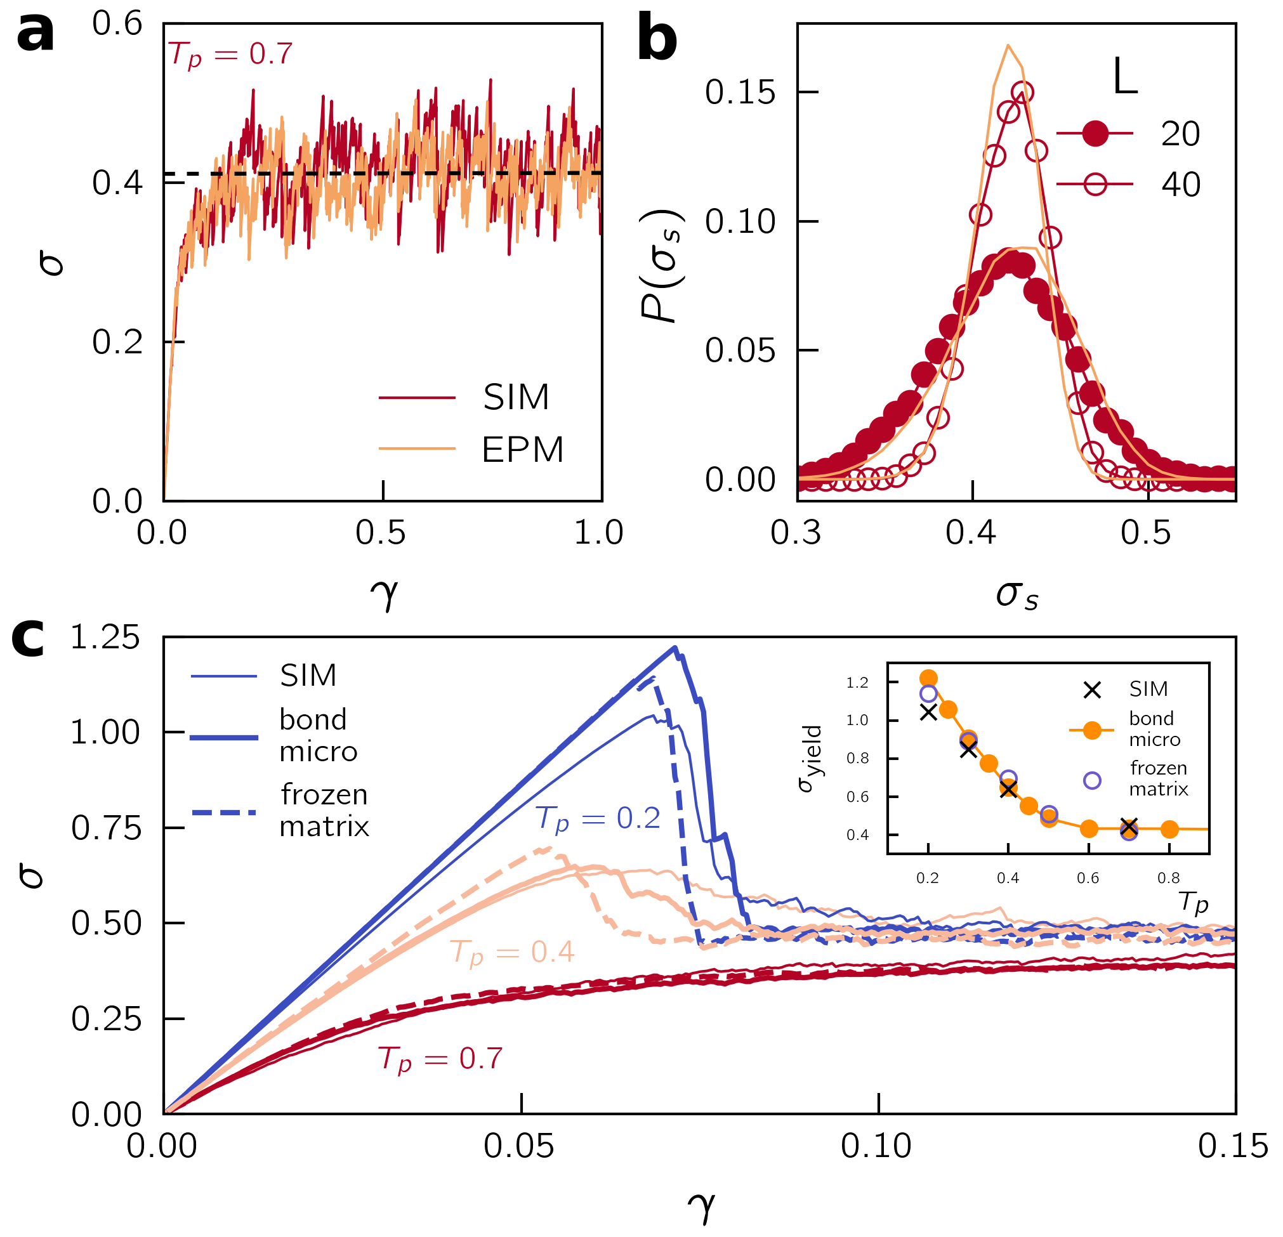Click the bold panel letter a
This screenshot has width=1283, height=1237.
[x=36, y=34]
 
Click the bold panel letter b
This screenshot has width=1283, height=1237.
[x=657, y=41]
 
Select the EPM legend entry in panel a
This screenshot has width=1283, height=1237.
[x=522, y=450]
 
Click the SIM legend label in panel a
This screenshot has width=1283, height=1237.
[x=516, y=397]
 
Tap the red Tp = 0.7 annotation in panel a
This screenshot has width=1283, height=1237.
[x=230, y=55]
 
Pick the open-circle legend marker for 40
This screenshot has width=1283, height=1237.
[x=1095, y=185]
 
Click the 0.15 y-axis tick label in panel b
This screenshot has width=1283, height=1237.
[x=740, y=92]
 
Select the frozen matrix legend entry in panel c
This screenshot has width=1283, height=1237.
[x=324, y=811]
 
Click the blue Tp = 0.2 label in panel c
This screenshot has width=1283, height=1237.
[x=598, y=819]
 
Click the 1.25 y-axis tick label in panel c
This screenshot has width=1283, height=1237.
[x=105, y=638]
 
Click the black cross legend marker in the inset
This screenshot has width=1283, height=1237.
[x=1092, y=690]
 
